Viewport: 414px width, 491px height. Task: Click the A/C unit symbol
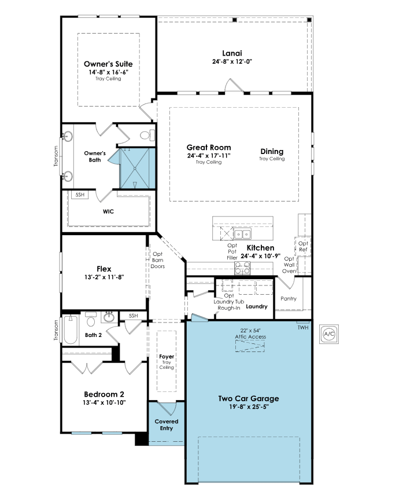tap(329, 334)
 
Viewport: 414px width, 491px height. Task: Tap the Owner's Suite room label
tap(108, 64)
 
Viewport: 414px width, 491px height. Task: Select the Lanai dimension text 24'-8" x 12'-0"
tap(232, 62)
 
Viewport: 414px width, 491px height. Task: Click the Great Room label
tap(209, 147)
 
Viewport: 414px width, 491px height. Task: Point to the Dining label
tap(272, 152)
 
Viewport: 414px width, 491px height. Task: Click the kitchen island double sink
tap(242, 233)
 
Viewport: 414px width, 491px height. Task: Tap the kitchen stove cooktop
tap(242, 268)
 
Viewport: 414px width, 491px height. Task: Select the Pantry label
tap(289, 298)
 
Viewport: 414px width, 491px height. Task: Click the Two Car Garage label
tap(249, 398)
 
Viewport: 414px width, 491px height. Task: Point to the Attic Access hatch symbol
tap(250, 346)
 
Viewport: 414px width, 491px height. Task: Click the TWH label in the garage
tap(302, 327)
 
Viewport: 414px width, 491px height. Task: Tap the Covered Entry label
tap(167, 425)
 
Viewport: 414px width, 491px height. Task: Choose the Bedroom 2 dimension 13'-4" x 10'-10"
tap(104, 402)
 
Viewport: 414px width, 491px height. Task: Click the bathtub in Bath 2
tap(71, 329)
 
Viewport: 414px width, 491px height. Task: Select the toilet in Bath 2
tap(91, 320)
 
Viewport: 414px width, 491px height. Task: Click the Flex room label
tap(104, 269)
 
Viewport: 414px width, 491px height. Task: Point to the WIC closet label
tap(108, 212)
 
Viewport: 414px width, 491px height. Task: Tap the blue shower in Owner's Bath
tap(138, 168)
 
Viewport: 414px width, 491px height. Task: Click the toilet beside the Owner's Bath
tap(147, 135)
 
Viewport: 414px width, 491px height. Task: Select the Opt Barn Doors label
tap(158, 260)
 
